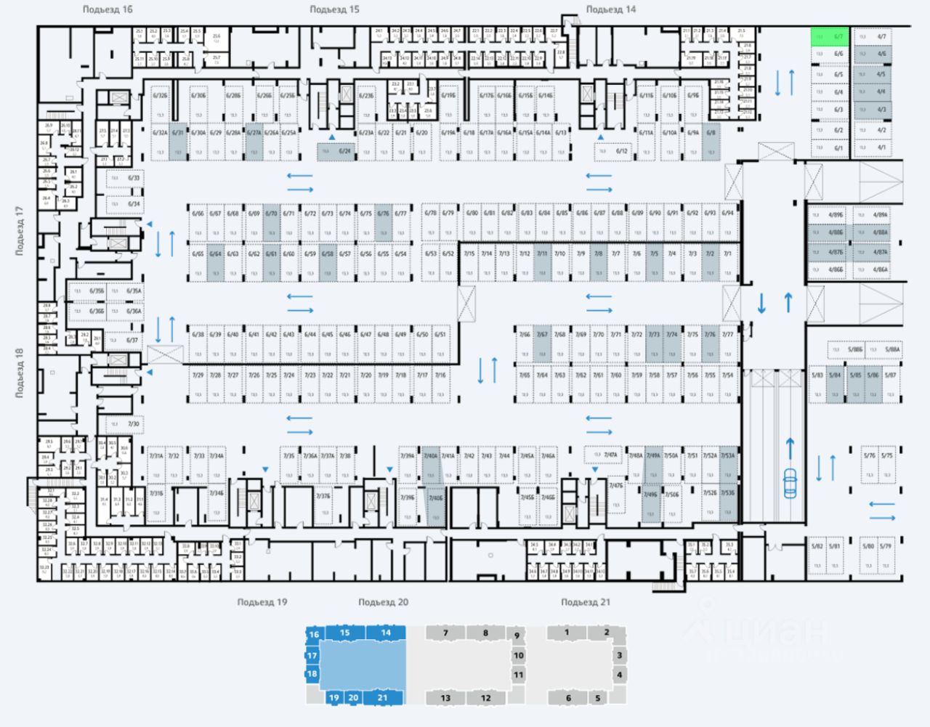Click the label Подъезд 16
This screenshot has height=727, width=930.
[x=108, y=9]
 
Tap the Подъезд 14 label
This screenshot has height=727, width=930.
[x=610, y=9]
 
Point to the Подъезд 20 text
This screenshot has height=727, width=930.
[x=383, y=602]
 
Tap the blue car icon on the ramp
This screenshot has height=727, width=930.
[x=789, y=482]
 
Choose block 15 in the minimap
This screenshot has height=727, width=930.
[x=345, y=633]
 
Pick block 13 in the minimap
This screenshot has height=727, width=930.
[x=445, y=698]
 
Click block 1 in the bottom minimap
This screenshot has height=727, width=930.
[x=567, y=633]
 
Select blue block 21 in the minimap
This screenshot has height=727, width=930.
[x=384, y=698]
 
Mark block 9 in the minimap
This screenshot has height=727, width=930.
[x=517, y=635]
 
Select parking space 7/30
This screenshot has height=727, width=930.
[x=124, y=423]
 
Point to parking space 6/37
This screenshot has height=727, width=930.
[x=123, y=340]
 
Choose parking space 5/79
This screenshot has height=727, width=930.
[x=885, y=556]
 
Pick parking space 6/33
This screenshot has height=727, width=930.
[x=124, y=178]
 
